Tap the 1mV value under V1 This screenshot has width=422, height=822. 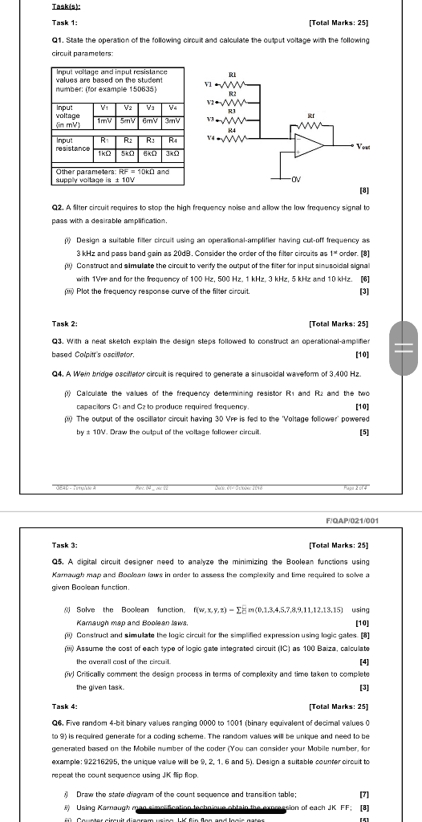(104, 120)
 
